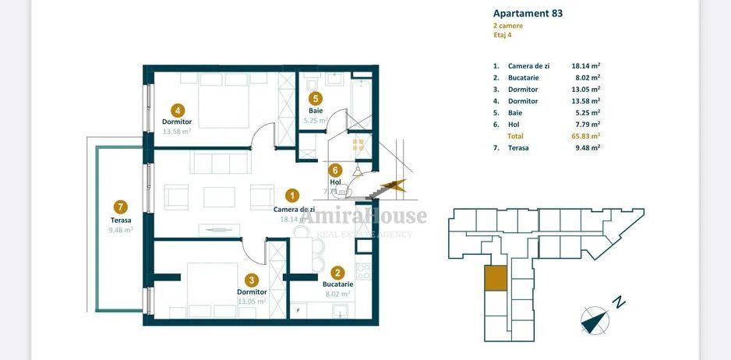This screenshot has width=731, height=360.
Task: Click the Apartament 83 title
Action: coord(528,13)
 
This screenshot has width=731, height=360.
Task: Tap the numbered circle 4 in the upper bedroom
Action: coord(178,110)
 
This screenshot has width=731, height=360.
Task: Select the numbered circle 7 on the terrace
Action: coord(120,206)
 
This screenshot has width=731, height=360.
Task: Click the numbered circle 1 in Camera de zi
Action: coord(292,196)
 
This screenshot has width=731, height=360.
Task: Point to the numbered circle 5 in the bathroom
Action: coord(315,98)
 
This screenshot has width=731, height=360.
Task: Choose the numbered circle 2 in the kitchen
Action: coord(337,273)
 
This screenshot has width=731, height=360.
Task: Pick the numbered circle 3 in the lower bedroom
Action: coord(251,280)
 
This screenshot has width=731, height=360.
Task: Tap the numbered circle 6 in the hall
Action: coord(335,170)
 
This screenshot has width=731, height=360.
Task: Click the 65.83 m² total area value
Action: coord(585,136)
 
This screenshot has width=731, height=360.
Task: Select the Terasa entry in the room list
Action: coord(519,147)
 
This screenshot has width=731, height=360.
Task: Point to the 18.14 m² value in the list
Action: coord(585,66)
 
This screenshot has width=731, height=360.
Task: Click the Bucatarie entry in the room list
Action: coord(523,78)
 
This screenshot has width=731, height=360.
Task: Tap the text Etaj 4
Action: coord(504,35)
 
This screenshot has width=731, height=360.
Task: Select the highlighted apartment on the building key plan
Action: coord(494,278)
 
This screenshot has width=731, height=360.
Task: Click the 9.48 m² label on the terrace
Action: coord(120,230)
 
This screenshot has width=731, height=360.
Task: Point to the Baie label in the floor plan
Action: coord(315,111)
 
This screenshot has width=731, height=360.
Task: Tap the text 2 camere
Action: coord(508,26)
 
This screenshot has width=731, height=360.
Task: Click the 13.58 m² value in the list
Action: coord(585,101)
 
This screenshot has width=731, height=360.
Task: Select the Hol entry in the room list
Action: coord(514,124)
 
